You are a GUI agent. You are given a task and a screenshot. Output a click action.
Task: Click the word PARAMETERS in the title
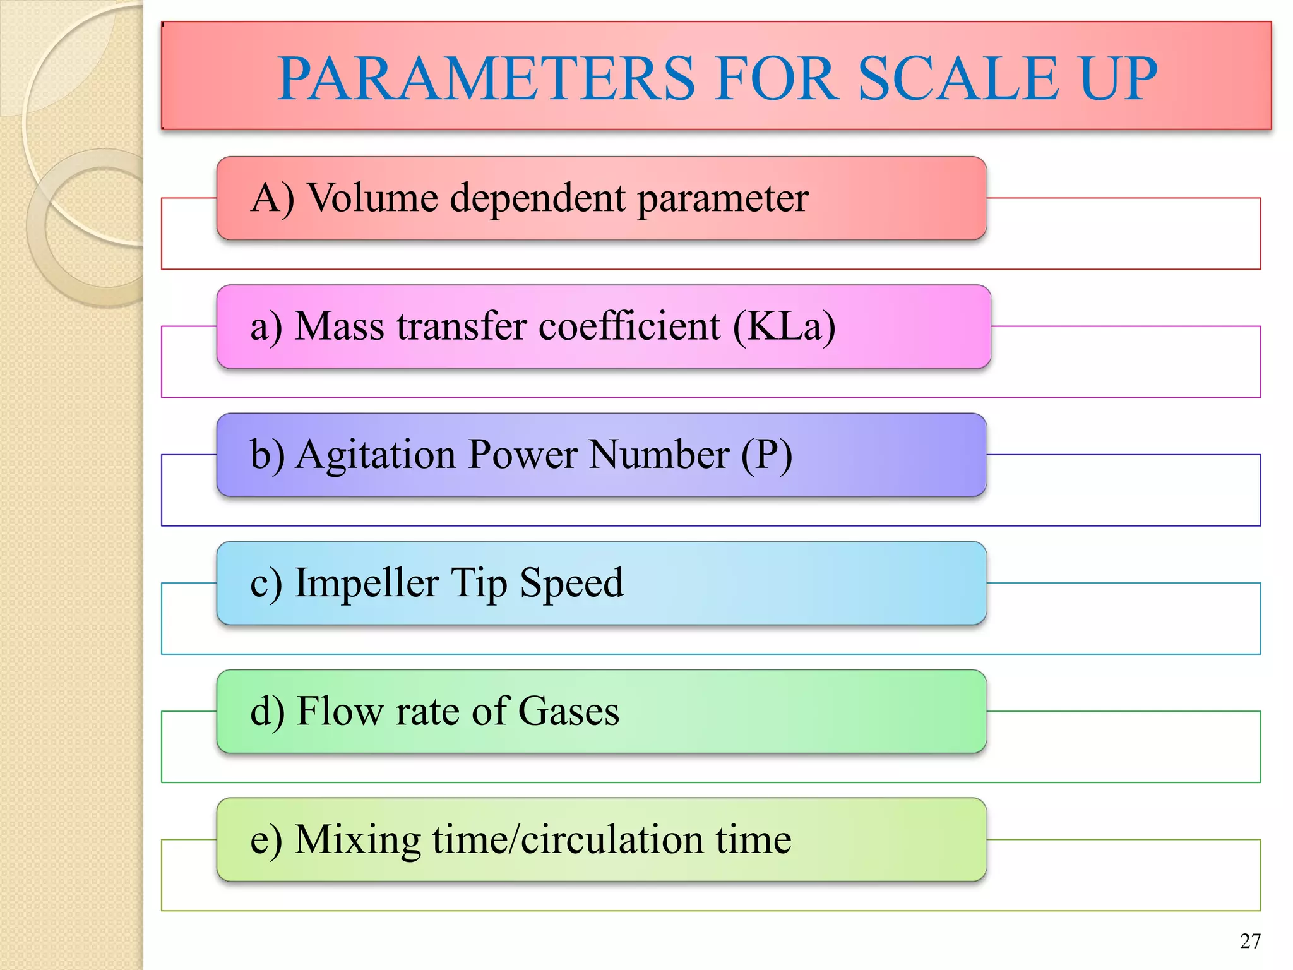tap(486, 78)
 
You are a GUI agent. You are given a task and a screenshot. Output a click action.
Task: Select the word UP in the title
tap(1118, 78)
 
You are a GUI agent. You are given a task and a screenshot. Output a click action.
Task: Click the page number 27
tap(1250, 941)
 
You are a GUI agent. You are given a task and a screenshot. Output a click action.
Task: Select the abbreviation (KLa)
tap(784, 326)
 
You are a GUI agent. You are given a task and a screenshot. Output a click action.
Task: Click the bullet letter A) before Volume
tap(272, 198)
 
